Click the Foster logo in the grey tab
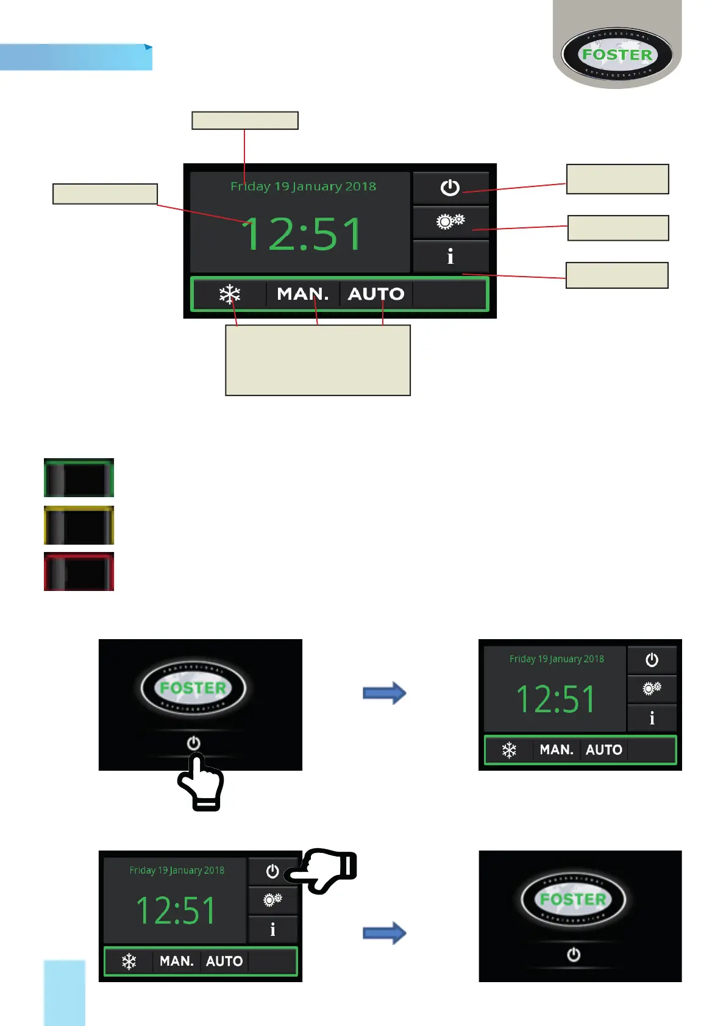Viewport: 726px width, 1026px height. pyautogui.click(x=617, y=54)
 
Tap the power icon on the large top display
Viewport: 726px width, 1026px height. pyautogui.click(x=450, y=187)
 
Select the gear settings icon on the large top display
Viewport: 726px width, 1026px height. pyautogui.click(x=450, y=221)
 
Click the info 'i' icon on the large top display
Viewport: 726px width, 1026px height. pyautogui.click(x=450, y=256)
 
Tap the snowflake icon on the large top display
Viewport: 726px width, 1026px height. pyautogui.click(x=230, y=294)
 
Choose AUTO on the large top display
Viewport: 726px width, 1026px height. pyautogui.click(x=376, y=294)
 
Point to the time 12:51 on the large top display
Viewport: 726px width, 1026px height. pyautogui.click(x=302, y=235)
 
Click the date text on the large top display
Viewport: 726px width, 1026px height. pyautogui.click(x=303, y=186)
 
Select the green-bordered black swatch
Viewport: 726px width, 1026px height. pyautogui.click(x=79, y=478)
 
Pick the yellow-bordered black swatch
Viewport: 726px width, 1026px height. pyautogui.click(x=79, y=525)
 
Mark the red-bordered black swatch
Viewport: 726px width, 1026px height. pyautogui.click(x=79, y=571)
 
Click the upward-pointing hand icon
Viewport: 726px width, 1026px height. pyautogui.click(x=202, y=782)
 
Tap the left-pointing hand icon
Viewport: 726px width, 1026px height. pyautogui.click(x=321, y=871)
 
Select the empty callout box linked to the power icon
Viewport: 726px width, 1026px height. pyautogui.click(x=617, y=179)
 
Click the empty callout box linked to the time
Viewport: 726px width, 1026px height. pyautogui.click(x=105, y=194)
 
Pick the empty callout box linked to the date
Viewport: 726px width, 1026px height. pyautogui.click(x=244, y=121)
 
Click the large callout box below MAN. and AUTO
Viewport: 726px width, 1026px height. pyautogui.click(x=318, y=360)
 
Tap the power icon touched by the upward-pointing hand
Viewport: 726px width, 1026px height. pyautogui.click(x=194, y=743)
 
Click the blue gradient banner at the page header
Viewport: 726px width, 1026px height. pyautogui.click(x=76, y=57)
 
